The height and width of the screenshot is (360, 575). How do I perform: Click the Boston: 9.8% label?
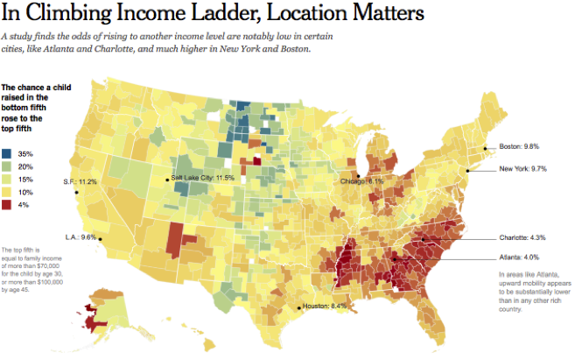pyautogui.click(x=521, y=146)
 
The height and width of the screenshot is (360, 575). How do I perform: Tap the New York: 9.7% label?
pyautogui.click(x=523, y=168)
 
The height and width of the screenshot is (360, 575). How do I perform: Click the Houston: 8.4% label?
pyautogui.click(x=326, y=307)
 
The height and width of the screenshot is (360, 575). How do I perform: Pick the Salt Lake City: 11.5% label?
pyautogui.click(x=203, y=179)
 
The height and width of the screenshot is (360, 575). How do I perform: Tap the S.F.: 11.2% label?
pyautogui.click(x=80, y=182)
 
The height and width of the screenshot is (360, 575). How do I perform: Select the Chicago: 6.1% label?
pyautogui.click(x=362, y=181)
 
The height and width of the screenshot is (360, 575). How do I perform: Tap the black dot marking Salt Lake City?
pyautogui.click(x=166, y=180)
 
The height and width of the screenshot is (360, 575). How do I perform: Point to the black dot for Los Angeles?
pyautogui.click(x=99, y=238)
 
